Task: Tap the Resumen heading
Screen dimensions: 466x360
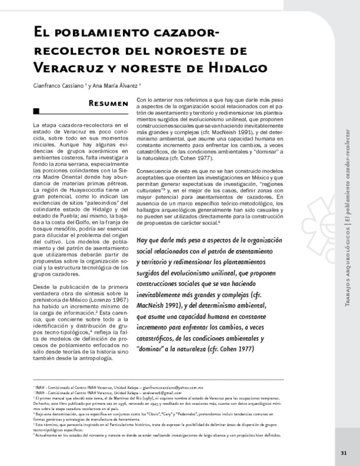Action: [x=108, y=104]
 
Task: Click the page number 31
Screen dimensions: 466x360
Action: [x=344, y=453]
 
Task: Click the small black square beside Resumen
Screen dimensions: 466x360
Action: [x=36, y=111]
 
